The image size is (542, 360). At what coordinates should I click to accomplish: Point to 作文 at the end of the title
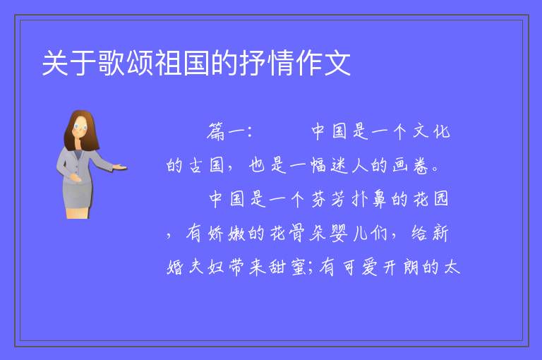[x=323, y=63]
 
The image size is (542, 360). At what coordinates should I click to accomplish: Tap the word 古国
[x=206, y=165]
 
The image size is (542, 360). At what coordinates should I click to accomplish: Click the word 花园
[x=431, y=199]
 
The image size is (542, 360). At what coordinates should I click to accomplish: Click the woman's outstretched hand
[x=120, y=168]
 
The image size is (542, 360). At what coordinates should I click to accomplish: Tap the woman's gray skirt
[x=78, y=196]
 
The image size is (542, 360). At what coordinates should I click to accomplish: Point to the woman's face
[x=80, y=128]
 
